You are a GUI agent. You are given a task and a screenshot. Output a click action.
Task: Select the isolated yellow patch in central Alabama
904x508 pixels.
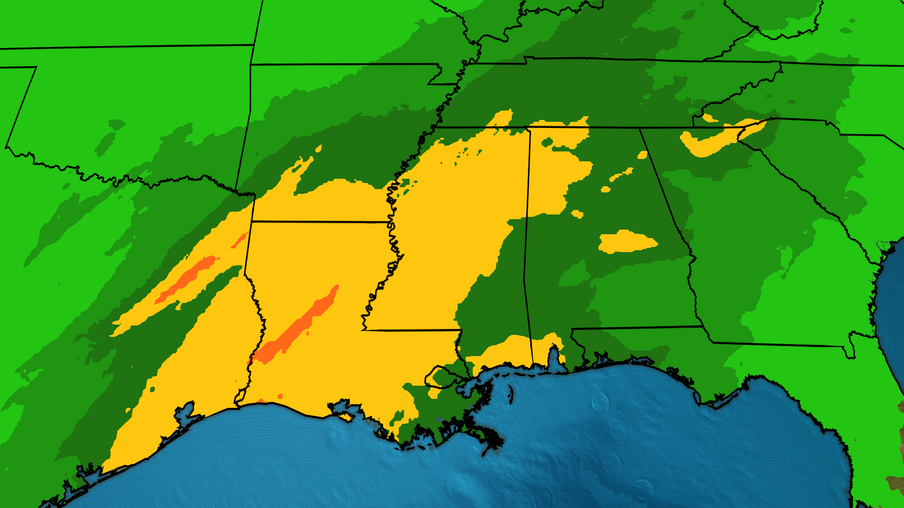point(626,242)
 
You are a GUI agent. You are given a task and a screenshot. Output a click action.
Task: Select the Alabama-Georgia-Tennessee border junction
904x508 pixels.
point(640,128)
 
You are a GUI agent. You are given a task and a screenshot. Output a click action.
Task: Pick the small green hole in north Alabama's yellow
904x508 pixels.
point(547,142)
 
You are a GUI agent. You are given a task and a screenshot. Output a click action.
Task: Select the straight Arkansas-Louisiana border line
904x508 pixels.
point(320,222)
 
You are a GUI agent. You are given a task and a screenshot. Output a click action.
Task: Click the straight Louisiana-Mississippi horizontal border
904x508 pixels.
point(410,330)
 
